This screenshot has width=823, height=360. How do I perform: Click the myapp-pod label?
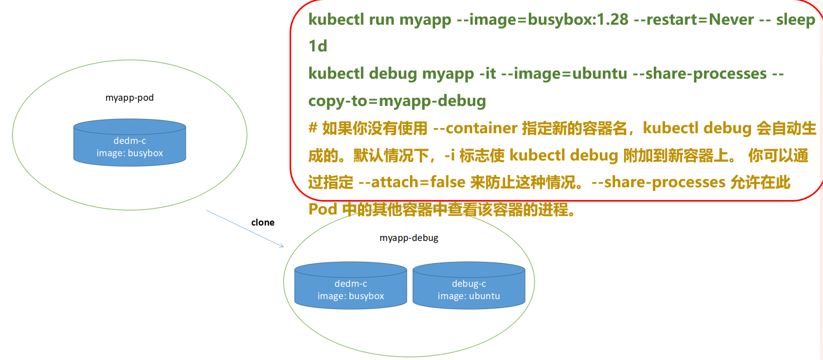pos(130,98)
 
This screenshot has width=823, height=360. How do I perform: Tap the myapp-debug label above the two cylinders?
pos(409,238)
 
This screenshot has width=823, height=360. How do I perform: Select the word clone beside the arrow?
pos(263,222)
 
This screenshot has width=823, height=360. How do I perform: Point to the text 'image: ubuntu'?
pos(469,296)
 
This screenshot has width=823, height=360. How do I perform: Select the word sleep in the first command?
pos(795,20)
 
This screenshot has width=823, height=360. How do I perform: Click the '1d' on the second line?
pos(318,46)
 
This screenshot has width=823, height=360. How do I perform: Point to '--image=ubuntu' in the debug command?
pos(564,74)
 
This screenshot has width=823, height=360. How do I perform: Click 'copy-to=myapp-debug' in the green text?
pos(397,101)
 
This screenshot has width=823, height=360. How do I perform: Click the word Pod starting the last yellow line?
pos(323,209)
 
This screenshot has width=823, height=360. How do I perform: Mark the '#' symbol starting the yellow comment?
pos(313,128)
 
